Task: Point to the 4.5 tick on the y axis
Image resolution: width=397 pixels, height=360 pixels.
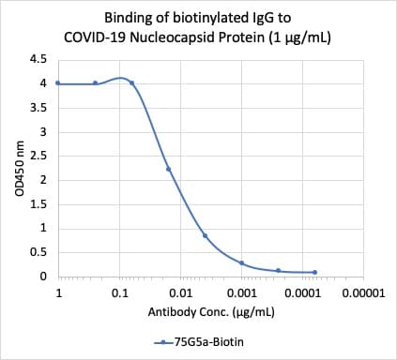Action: [38, 59]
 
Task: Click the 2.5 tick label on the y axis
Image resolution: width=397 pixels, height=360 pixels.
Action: [38, 156]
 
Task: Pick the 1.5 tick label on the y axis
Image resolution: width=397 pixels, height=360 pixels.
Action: [38, 204]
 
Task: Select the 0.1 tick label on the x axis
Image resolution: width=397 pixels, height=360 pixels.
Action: [119, 294]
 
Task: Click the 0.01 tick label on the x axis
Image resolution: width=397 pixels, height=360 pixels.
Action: [180, 294]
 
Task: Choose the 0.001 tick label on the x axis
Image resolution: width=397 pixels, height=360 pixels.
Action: [241, 294]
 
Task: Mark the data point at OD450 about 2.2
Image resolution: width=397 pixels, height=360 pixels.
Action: [168, 170]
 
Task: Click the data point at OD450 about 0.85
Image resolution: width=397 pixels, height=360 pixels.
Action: [205, 235]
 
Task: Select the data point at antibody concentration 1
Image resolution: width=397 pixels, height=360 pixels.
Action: [58, 82]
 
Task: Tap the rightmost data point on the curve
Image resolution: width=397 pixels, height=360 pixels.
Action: [314, 272]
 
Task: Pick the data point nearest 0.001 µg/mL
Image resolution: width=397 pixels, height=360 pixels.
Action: [241, 262]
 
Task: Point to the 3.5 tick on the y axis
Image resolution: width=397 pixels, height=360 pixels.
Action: [38, 108]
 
